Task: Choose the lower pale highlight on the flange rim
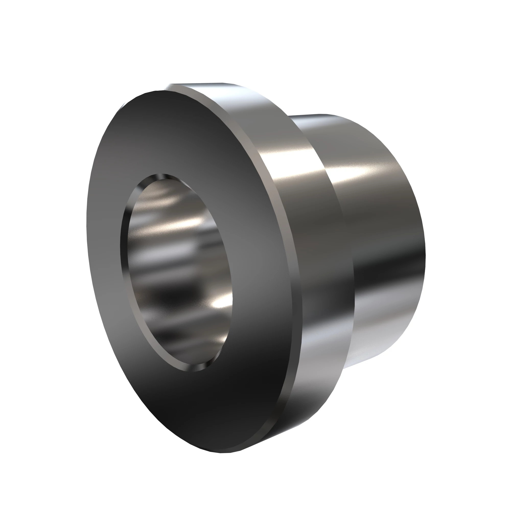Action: (x=323, y=344)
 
